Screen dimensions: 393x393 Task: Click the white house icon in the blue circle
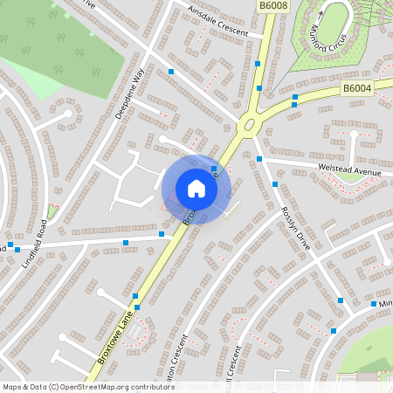click(x=196, y=189)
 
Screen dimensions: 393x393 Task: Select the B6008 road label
click(x=273, y=7)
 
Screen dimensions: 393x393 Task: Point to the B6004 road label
click(x=356, y=88)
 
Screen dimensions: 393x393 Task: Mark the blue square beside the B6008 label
click(x=258, y=64)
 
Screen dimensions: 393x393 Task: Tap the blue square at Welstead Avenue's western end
click(x=259, y=159)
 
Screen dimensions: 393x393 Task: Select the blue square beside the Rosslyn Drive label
click(x=275, y=184)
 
